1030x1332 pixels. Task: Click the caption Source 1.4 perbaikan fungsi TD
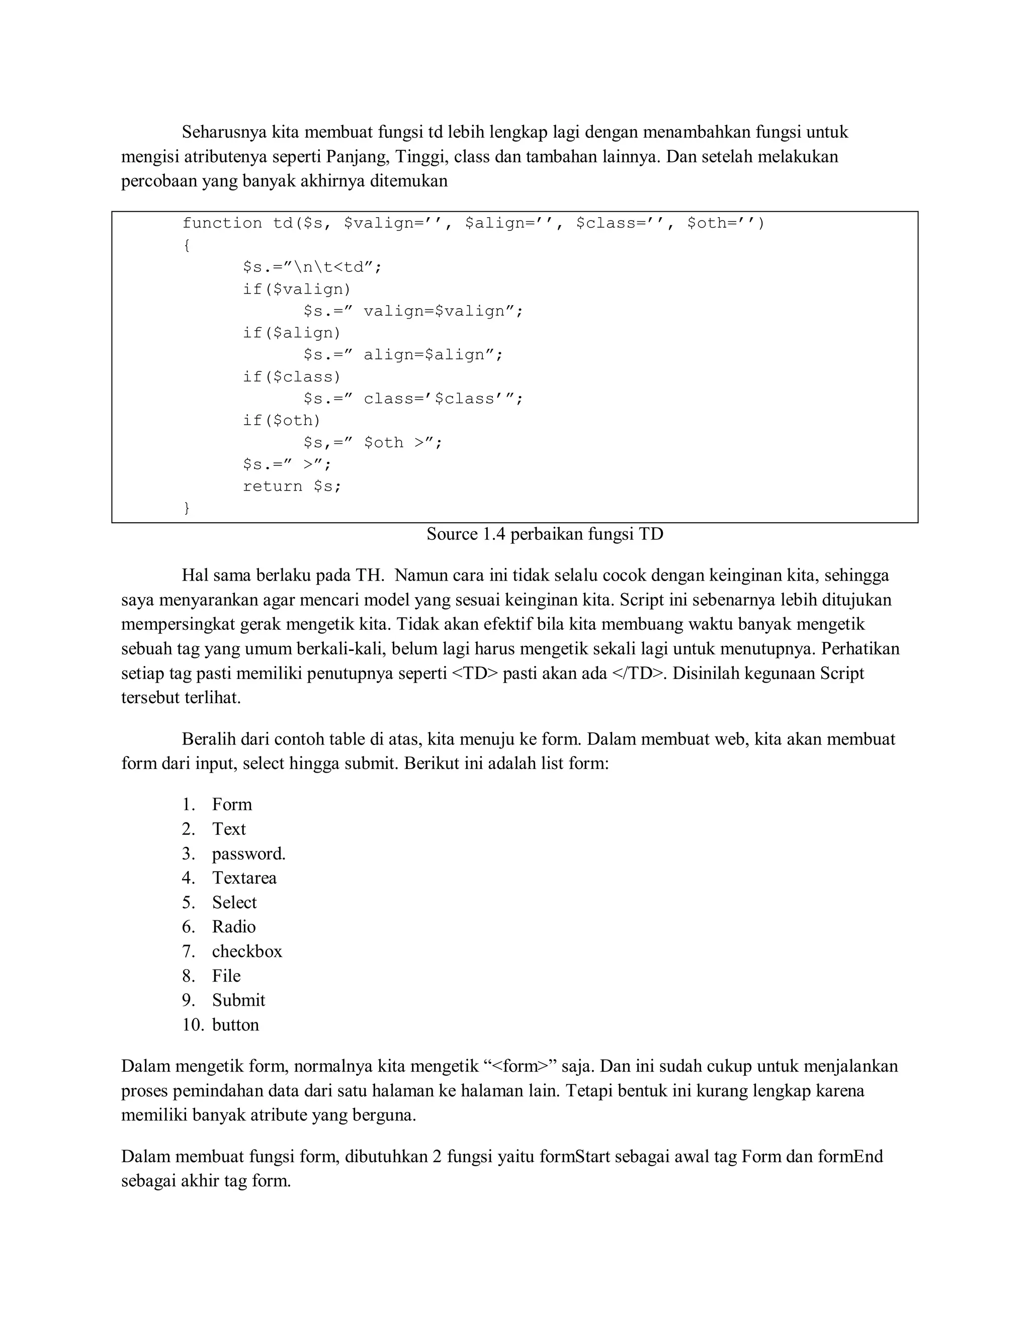tap(544, 534)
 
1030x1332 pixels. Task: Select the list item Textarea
tap(244, 878)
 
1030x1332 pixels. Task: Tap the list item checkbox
tap(247, 951)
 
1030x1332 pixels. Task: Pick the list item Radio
tap(234, 926)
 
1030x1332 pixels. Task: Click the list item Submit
tap(238, 1000)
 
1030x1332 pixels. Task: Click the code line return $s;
tap(292, 486)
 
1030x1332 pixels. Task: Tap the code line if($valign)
tap(297, 289)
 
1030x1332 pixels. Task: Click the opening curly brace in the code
tap(187, 245)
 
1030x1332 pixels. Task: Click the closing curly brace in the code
tap(187, 508)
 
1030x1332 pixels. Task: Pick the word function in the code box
tap(222, 223)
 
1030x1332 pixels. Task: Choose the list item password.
tap(248, 853)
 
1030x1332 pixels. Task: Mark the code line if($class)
tap(292, 376)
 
